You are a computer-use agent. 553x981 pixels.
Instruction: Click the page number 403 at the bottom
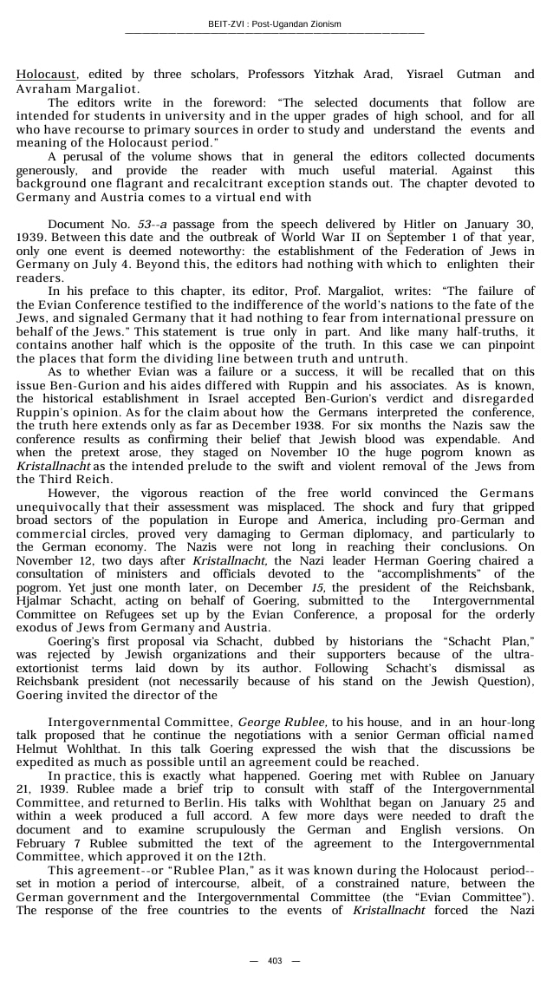276,960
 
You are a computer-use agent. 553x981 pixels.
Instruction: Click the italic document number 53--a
153,225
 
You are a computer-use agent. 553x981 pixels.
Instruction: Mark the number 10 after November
321,453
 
